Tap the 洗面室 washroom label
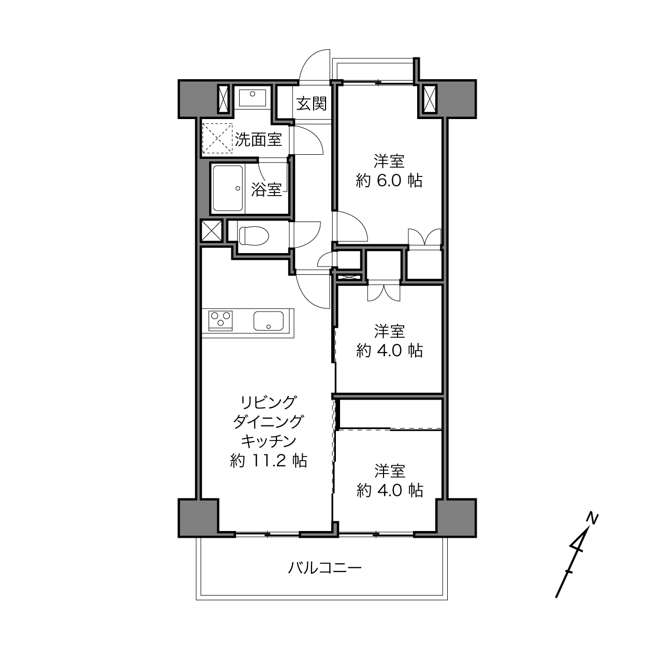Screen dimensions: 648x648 258,139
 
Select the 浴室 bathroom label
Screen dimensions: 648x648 267,189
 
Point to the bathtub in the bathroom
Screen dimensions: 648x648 228,188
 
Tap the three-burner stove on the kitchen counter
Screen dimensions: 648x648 220,320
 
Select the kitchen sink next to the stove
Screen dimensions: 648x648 269,321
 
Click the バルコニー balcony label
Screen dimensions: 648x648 325,568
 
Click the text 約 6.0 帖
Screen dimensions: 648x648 389,181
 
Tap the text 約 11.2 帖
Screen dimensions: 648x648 268,461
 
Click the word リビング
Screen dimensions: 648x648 268,403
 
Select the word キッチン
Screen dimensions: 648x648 268,441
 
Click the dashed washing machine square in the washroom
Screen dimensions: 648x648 217,138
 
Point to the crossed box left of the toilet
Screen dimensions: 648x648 212,231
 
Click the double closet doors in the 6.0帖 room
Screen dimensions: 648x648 425,237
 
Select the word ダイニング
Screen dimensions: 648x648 268,422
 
